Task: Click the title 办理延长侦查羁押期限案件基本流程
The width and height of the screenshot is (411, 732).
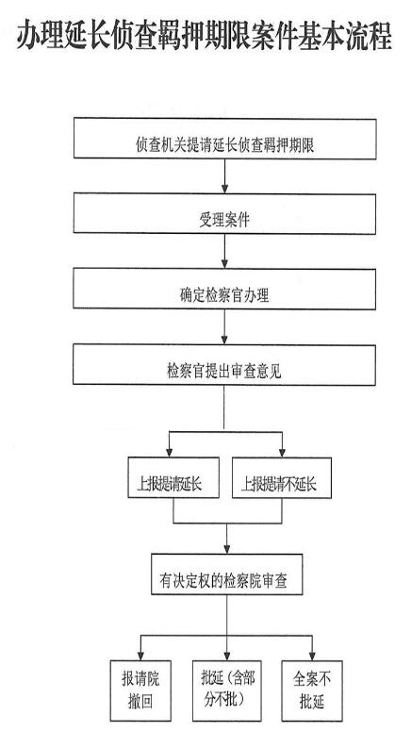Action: [205, 36]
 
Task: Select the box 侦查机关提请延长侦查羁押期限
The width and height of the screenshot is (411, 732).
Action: [225, 139]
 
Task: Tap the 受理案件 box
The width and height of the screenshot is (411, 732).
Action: [224, 214]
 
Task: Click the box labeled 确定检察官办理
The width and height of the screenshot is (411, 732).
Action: [224, 289]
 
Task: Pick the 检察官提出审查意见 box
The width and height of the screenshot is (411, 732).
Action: [224, 365]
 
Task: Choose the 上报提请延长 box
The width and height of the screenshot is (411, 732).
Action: [173, 477]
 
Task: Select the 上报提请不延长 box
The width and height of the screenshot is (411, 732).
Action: [282, 477]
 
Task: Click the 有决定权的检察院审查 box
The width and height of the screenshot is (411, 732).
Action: [227, 574]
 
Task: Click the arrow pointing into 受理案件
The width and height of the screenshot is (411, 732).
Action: [225, 176]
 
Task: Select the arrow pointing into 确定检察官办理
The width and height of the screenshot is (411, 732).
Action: [224, 251]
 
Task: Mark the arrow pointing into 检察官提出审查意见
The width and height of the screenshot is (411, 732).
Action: [224, 326]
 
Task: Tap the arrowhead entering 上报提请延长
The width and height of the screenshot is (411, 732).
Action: [170, 453]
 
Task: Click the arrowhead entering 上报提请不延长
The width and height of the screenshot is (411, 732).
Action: [282, 453]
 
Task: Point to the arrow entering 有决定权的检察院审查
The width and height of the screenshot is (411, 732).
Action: [227, 539]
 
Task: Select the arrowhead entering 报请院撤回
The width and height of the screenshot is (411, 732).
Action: [140, 655]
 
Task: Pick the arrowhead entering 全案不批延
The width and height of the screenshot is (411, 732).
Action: [312, 655]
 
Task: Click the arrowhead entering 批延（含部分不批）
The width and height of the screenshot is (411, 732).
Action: [227, 655]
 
